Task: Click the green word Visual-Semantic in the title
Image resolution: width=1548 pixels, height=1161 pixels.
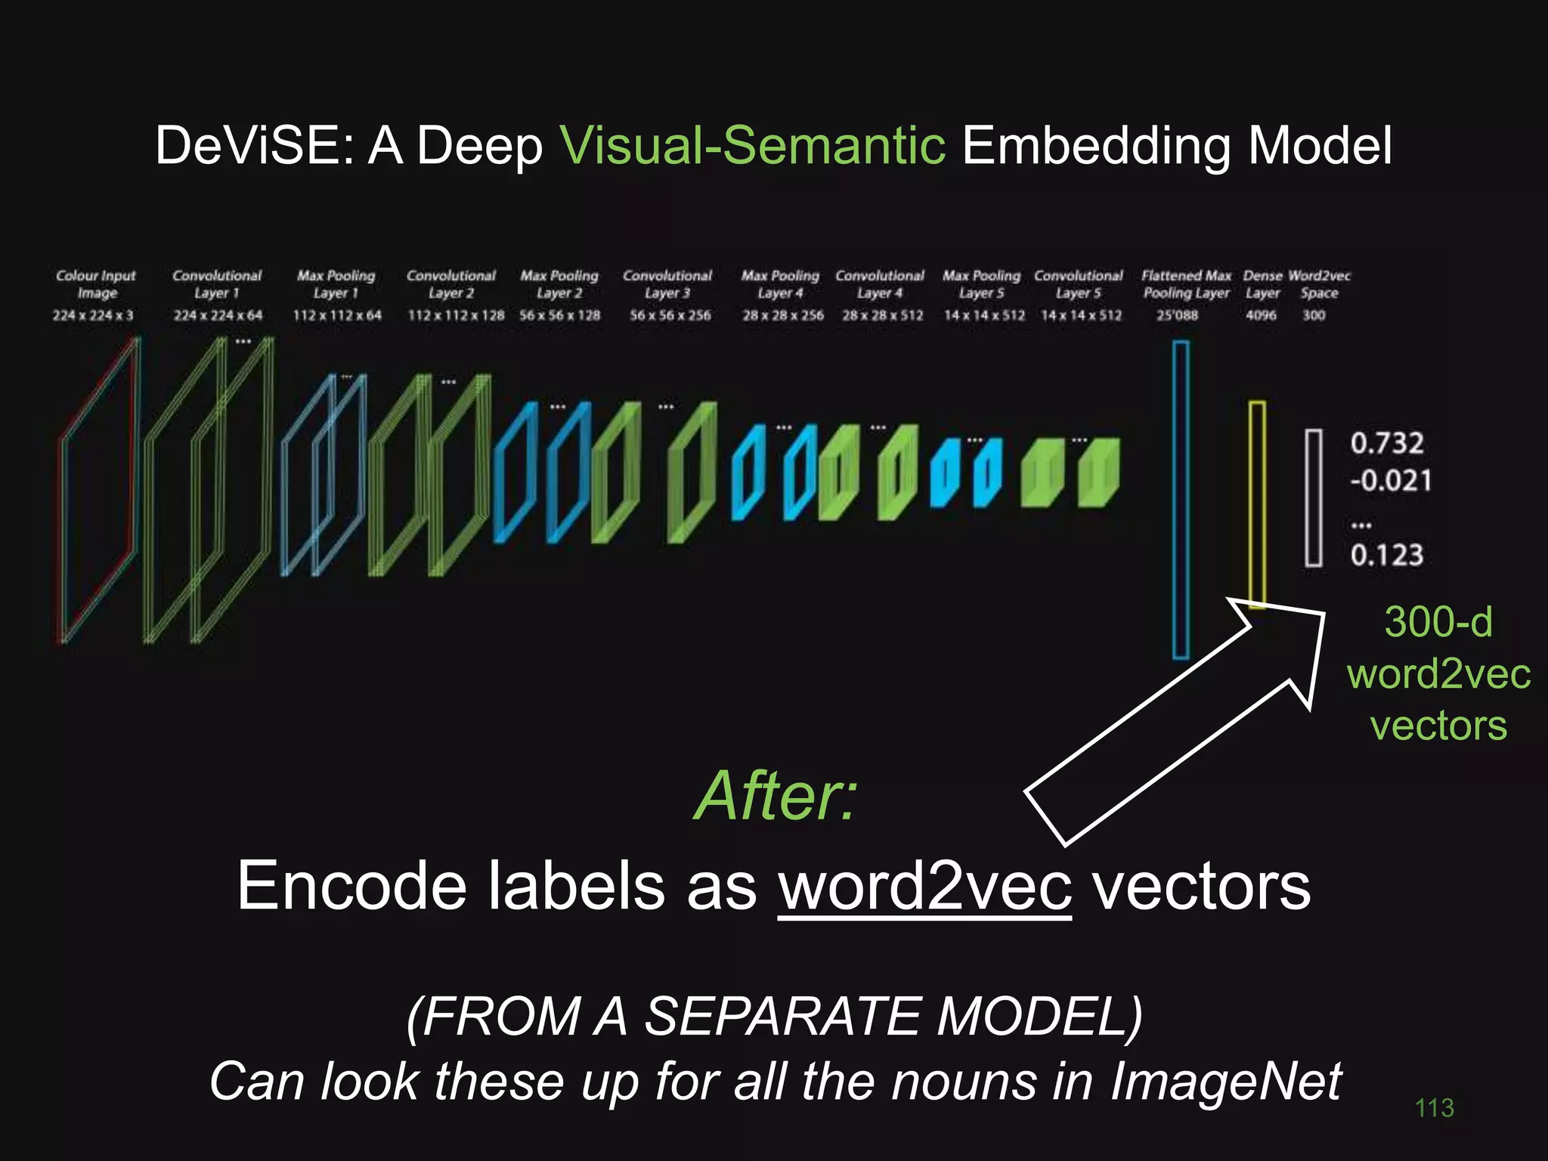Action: pos(752,145)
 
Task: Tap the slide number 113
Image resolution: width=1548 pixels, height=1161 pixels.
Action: pos(1434,1108)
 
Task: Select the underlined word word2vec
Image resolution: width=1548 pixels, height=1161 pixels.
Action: pos(924,886)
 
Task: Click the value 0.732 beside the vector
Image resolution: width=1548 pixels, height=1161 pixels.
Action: pos(1387,443)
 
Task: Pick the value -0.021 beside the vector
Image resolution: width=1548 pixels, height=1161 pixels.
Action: pos(1391,481)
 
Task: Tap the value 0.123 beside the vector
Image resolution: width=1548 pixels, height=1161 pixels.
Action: pos(1387,556)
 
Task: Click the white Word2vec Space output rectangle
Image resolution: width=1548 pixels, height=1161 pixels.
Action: pos(1314,498)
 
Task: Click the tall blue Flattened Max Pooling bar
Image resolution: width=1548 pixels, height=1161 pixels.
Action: pos(1180,499)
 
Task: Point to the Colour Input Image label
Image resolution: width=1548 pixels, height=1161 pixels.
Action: pos(96,284)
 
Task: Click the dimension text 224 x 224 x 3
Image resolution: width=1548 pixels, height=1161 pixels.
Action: pos(93,315)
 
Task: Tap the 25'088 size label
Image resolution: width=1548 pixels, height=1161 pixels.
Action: pos(1177,315)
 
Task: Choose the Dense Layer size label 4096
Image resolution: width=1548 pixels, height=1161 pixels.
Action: pos(1261,315)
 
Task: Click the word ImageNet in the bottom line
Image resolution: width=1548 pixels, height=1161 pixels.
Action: pos(1225,1081)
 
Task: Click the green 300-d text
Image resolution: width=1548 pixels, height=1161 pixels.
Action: pos(1438,622)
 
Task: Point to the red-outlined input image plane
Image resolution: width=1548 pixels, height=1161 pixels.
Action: pos(99,491)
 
